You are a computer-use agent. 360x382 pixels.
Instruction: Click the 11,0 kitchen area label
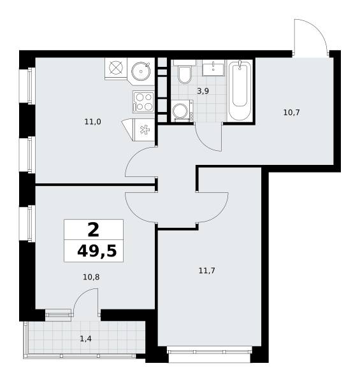coord(92,122)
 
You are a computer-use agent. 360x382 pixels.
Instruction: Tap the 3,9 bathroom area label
coord(203,91)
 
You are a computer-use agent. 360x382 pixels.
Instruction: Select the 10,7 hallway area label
coord(292,113)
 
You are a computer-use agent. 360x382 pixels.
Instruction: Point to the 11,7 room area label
coord(207,271)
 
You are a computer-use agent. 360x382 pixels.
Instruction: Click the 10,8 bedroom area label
coord(91,277)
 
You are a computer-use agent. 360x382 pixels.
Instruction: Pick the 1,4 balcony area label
coord(86,339)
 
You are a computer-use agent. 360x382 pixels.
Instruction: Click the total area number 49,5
coord(97,251)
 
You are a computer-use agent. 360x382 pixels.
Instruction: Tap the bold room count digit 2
coord(94,230)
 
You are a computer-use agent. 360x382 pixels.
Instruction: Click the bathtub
coord(240,90)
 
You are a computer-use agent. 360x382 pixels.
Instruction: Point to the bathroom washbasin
coord(213,69)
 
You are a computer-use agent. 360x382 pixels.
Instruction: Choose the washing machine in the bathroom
coord(182,111)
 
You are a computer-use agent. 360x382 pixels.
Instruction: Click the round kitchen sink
coord(141,71)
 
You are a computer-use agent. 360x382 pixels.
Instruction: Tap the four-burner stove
coord(143,102)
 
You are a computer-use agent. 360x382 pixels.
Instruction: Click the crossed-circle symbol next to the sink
coord(116,67)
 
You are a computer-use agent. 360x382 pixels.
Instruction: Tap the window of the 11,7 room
coord(210,352)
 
